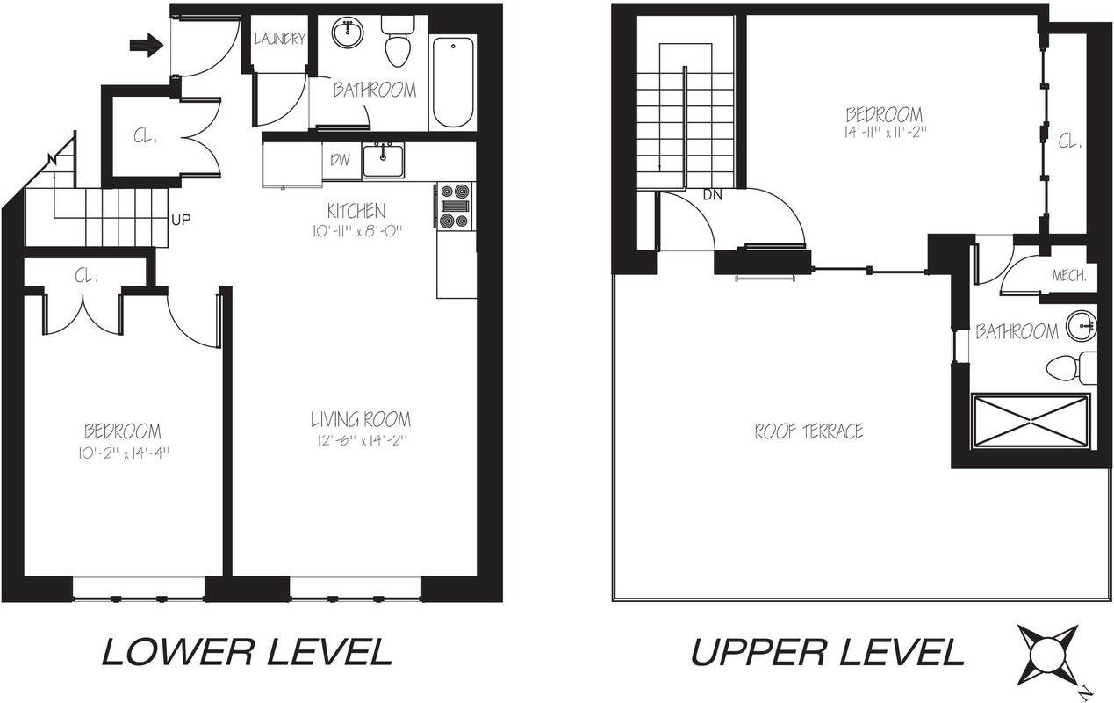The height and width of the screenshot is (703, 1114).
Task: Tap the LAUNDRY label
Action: point(280,39)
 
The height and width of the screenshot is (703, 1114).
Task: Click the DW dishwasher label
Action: point(340,160)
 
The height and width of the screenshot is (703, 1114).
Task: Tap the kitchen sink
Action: point(384,160)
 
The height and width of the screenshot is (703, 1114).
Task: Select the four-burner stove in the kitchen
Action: point(456,206)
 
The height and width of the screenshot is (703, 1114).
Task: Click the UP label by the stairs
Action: point(181,220)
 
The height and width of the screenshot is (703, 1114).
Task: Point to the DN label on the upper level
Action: point(712,195)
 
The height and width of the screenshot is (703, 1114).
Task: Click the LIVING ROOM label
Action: point(360,420)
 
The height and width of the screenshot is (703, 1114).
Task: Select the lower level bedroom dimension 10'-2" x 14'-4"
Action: point(122,453)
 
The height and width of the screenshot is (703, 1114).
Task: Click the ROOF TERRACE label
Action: point(809,431)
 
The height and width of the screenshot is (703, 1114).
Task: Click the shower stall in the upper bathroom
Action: point(1031,422)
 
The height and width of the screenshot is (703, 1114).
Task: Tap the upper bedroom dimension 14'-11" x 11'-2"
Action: point(884,133)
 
